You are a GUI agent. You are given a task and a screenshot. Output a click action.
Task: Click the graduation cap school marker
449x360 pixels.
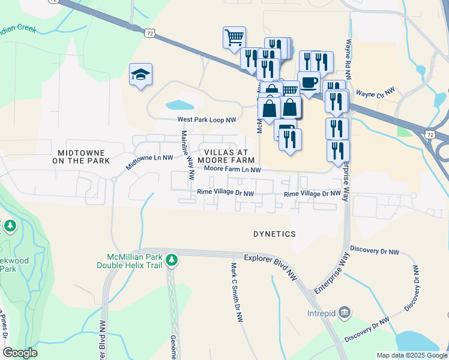coord(140,75)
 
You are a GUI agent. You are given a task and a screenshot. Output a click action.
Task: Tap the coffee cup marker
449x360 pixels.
coord(309,82)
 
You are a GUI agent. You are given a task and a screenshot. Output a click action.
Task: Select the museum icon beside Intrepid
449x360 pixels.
coord(345,311)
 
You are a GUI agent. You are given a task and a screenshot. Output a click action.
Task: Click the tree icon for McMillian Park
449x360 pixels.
coord(172,260)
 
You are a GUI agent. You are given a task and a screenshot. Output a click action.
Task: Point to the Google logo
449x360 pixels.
coord(20,353)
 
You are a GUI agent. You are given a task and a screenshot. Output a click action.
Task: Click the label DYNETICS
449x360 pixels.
coord(274,233)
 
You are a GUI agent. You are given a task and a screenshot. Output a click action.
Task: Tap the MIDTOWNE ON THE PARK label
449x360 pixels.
coord(81,157)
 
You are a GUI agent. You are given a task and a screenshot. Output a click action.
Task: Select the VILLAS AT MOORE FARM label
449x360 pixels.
coord(229,157)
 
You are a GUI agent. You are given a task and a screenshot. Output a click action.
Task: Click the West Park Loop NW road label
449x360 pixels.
coord(207,120)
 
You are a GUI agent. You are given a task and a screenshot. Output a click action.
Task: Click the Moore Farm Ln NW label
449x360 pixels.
coord(232,170)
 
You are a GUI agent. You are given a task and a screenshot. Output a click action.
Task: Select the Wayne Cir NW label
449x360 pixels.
coord(375,92)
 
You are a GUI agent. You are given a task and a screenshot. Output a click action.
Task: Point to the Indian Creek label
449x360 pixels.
coord(19,28)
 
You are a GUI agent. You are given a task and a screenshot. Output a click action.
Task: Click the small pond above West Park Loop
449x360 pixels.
coord(179,105)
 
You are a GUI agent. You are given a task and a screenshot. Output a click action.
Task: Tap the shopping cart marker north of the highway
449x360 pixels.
coord(234,38)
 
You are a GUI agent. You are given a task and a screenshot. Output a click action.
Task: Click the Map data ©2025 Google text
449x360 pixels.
coord(411,355)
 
